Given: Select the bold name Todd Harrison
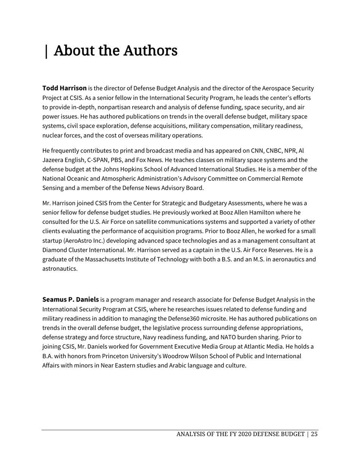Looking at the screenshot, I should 64,88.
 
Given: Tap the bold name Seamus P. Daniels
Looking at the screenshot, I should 70,300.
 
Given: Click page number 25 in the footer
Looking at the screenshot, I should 314,434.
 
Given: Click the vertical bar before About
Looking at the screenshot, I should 46,51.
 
